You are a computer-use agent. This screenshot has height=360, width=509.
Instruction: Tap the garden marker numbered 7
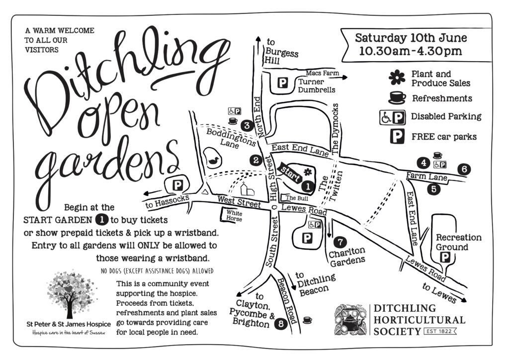pyautogui.click(x=339, y=242)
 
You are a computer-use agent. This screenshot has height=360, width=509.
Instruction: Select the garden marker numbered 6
pyautogui.click(x=463, y=169)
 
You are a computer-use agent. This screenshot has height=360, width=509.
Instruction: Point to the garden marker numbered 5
pyautogui.click(x=433, y=188)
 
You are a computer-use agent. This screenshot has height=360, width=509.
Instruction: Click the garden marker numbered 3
pyautogui.click(x=246, y=125)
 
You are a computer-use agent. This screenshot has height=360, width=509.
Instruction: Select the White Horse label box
pyautogui.click(x=233, y=216)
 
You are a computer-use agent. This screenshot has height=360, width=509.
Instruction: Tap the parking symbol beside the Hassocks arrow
pyautogui.click(x=177, y=185)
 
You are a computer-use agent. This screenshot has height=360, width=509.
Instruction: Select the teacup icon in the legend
pyautogui.click(x=397, y=97)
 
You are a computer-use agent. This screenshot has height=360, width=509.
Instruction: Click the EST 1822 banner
pyautogui.click(x=439, y=330)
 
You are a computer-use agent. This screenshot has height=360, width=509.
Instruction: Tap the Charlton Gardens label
pyautogui.click(x=347, y=255)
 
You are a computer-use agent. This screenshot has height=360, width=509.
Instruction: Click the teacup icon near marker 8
pyautogui.click(x=307, y=320)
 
